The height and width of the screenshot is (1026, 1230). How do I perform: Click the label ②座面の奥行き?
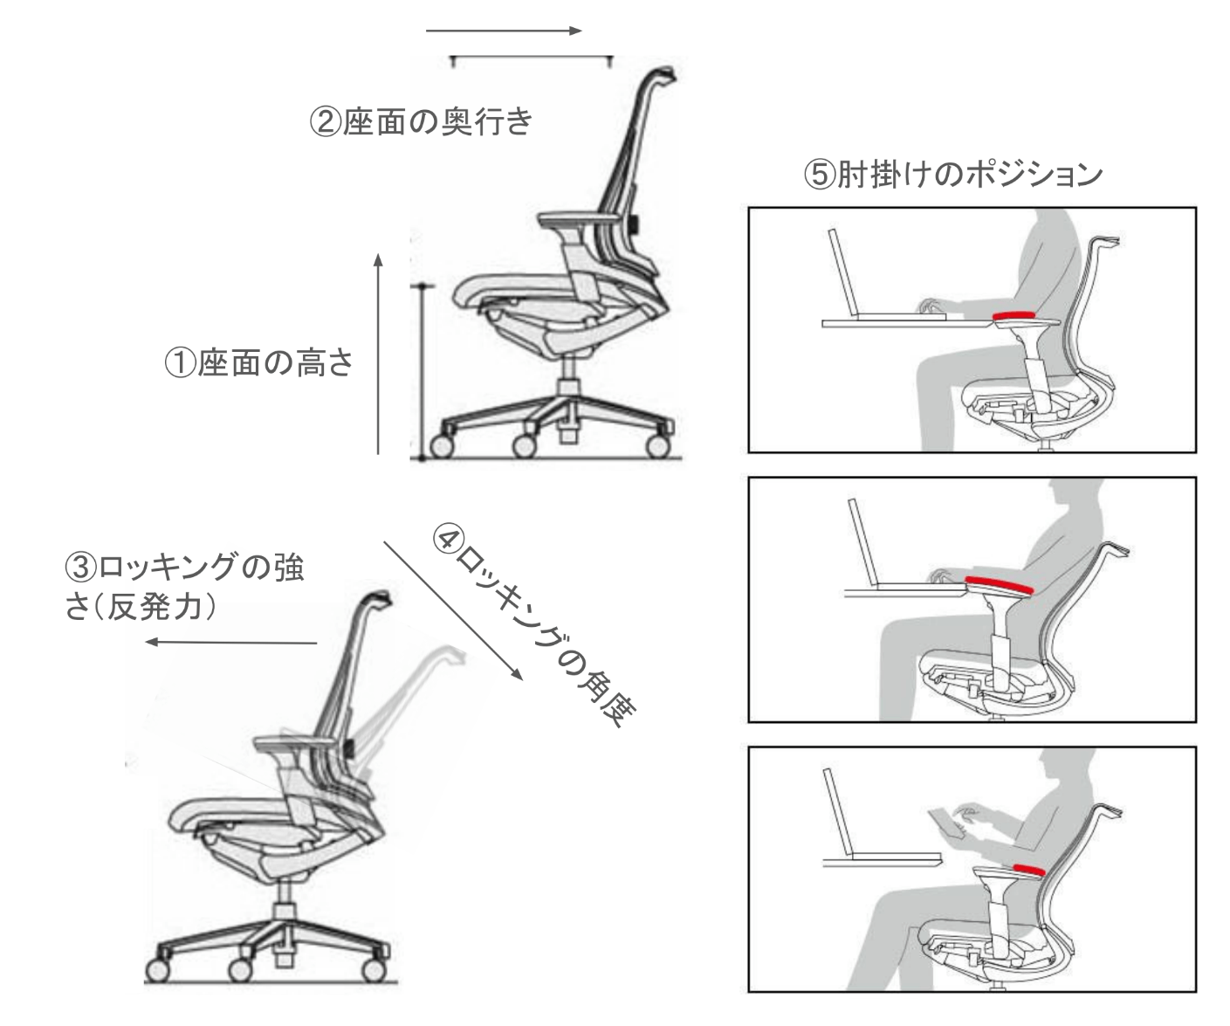422,121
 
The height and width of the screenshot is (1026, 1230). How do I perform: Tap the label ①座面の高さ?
258,362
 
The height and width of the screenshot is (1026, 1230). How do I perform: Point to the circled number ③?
80,568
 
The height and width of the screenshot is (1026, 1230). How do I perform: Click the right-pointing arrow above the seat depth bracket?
504,31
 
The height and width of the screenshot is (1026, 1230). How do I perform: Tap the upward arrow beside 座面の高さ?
378,354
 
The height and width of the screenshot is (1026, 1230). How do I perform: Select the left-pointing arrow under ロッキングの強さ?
231,642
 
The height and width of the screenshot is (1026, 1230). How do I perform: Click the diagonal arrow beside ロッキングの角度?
453,610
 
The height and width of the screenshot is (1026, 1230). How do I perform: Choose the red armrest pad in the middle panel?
999,585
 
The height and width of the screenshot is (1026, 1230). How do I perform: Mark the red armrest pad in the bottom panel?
1028,869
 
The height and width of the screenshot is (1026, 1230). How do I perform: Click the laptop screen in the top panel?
842,272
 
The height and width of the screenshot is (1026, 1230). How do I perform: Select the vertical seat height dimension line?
422,372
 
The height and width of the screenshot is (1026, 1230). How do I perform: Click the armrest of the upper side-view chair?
579,219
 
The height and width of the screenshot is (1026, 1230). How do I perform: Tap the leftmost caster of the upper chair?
442,446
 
